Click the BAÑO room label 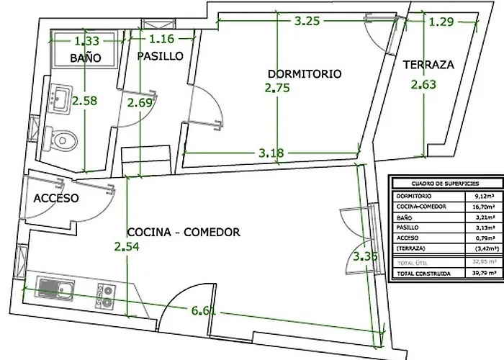click(x=85, y=57)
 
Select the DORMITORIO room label click(x=303, y=73)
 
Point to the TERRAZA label click(x=428, y=64)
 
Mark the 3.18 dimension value click(x=271, y=152)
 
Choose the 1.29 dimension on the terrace click(x=441, y=22)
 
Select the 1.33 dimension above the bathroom click(x=86, y=41)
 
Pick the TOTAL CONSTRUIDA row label click(x=423, y=272)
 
